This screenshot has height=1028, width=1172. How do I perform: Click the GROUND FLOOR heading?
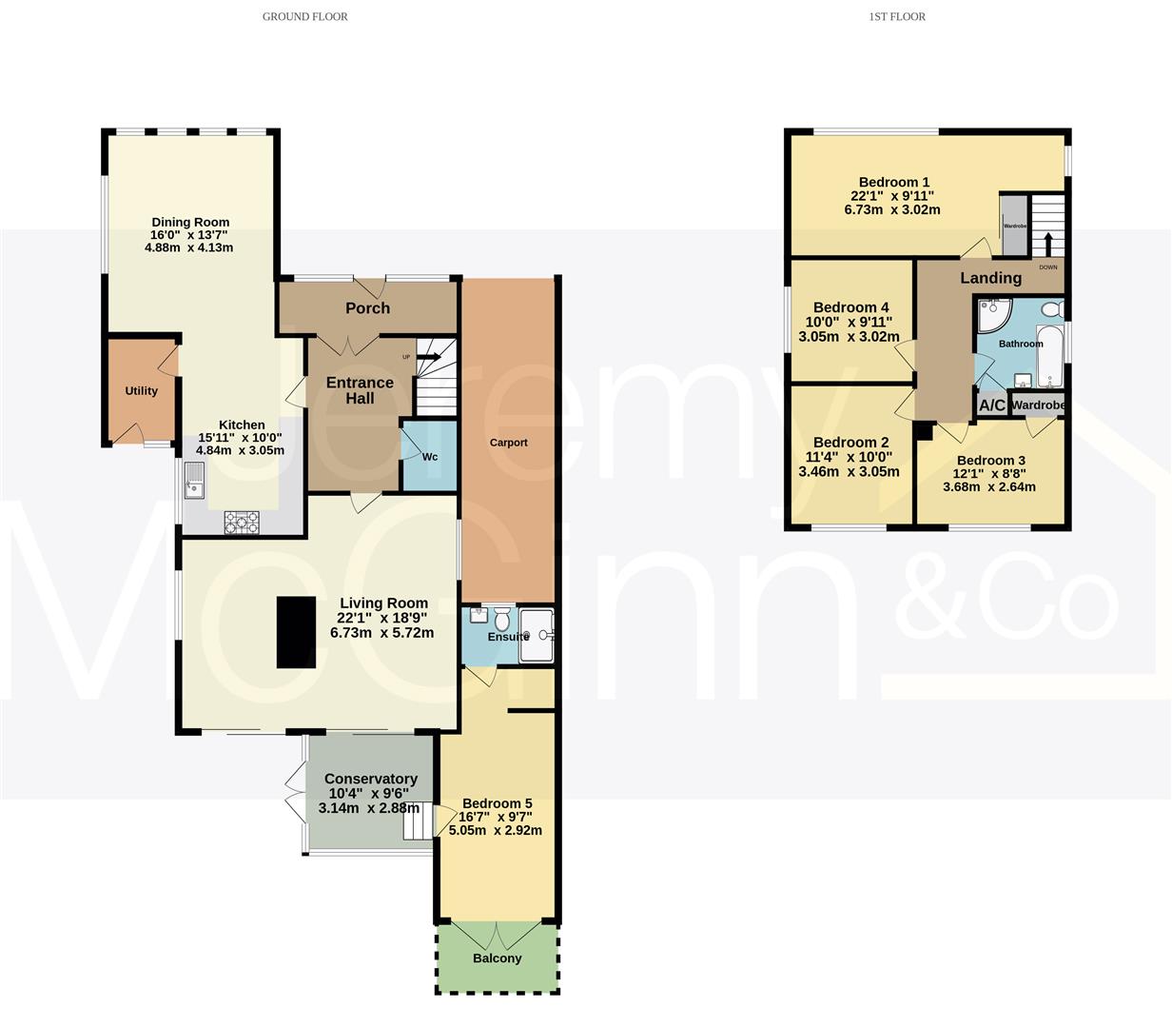pos(304,17)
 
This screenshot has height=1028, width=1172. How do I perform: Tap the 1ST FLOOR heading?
pos(897,17)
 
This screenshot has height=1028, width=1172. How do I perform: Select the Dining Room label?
pos(190,223)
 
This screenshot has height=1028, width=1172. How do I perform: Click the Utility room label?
pos(141,390)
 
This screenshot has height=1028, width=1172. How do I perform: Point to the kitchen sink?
pos(194,481)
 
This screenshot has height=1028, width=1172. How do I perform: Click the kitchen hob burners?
pos(242,523)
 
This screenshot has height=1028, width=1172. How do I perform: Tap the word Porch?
pos(367,308)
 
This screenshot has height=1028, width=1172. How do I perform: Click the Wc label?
pos(430,457)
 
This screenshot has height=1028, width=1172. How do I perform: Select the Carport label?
pos(509,443)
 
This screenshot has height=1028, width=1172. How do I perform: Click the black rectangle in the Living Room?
pos(296,632)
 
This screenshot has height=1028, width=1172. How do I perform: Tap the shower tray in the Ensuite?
pos(537,635)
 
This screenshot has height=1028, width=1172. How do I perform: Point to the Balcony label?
pos(497,958)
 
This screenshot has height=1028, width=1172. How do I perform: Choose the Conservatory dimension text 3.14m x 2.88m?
pos(368,807)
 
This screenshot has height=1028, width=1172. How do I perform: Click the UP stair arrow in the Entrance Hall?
pos(429,357)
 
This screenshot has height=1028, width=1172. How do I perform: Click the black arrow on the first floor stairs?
pos(1048,244)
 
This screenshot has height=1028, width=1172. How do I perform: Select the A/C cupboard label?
pos(992,405)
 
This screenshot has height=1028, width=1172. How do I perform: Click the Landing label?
pos(991,278)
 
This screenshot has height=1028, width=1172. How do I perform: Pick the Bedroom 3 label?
pos(991,460)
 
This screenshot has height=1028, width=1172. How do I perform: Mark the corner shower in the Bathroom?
pos(992,314)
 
